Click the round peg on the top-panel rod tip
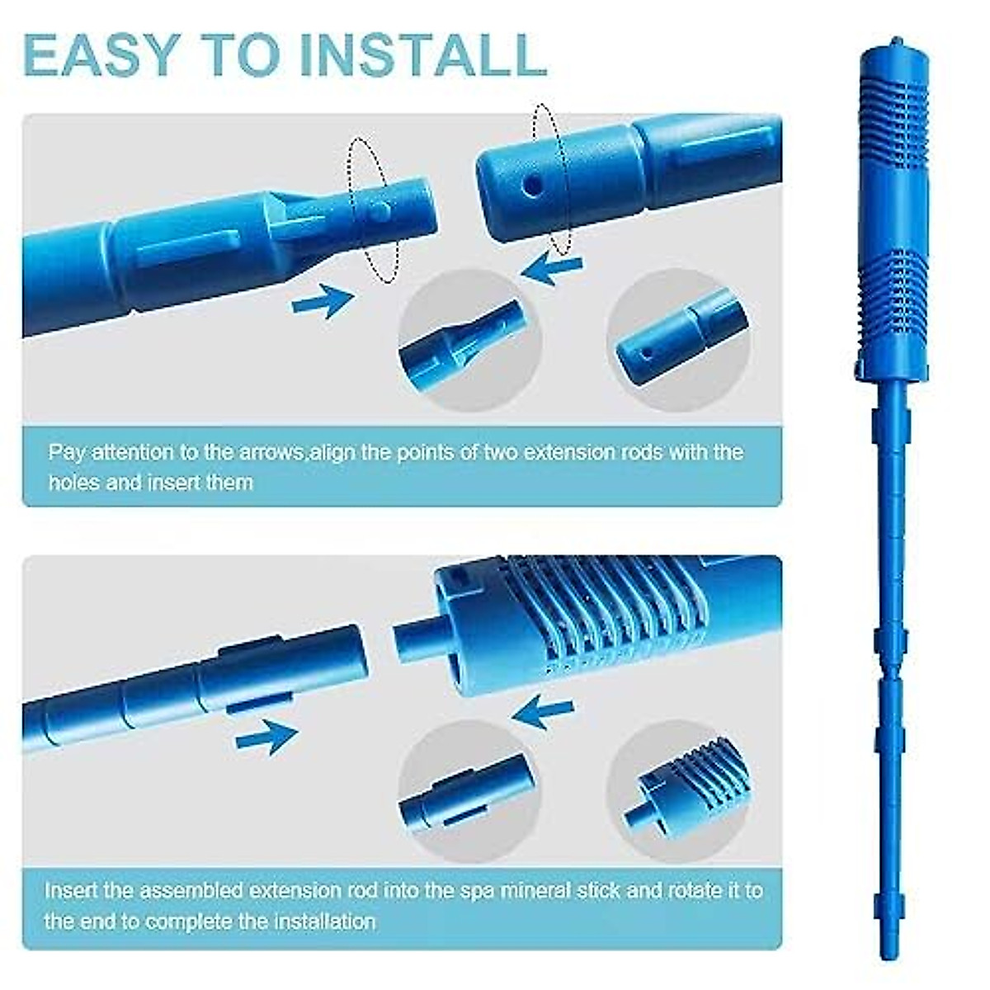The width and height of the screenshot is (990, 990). pos(378,211)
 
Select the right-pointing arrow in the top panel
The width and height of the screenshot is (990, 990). pos(323,300)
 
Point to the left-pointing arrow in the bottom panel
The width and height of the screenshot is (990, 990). pos(544,712)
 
